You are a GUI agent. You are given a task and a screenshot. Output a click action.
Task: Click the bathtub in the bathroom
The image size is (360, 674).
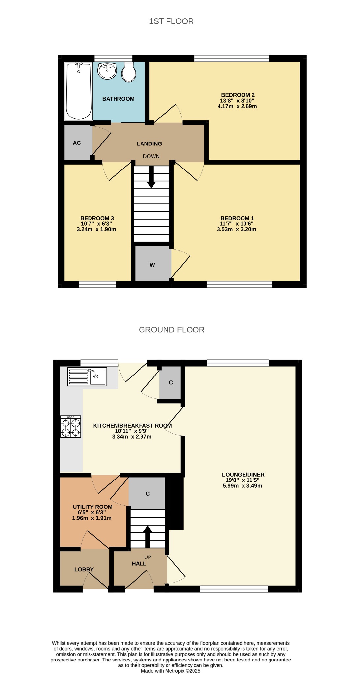pos(79,91)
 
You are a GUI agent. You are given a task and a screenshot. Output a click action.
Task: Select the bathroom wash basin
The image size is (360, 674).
pos(107,71)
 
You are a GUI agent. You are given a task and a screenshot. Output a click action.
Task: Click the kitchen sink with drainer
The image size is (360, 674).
pos(87,376)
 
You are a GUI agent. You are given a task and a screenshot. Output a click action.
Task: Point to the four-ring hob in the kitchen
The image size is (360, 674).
pos(70,427)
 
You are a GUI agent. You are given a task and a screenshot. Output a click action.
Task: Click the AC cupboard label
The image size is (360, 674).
pos(77,143)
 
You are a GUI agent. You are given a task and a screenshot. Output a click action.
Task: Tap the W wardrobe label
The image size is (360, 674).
pos(152,265)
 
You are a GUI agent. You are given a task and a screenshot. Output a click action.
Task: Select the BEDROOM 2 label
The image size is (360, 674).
pos(238,95)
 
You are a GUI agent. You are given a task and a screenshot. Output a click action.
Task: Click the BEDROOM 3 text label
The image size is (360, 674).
pos(97,218)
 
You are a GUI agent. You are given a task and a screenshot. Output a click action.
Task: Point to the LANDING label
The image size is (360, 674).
pos(149,144)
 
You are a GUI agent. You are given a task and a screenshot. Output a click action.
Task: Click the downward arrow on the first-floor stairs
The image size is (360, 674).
pos(151,177)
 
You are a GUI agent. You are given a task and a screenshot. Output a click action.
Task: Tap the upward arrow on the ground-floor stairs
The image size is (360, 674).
pos(148,536)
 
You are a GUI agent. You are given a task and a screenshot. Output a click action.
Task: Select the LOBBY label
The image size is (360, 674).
pos(84,569)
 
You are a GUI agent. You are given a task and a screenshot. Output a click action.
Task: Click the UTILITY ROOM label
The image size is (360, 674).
pos(92,507)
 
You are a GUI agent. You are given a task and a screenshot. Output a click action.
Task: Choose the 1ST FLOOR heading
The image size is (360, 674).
pos(171,21)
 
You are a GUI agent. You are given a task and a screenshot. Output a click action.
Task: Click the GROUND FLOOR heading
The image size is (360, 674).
pos(171,330)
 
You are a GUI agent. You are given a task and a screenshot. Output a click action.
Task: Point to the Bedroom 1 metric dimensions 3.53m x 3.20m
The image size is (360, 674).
pos(236,229)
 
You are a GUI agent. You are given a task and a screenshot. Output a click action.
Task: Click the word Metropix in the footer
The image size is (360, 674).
pos(174,671)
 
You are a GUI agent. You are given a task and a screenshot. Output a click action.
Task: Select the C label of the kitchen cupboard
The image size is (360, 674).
pos(171,383)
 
